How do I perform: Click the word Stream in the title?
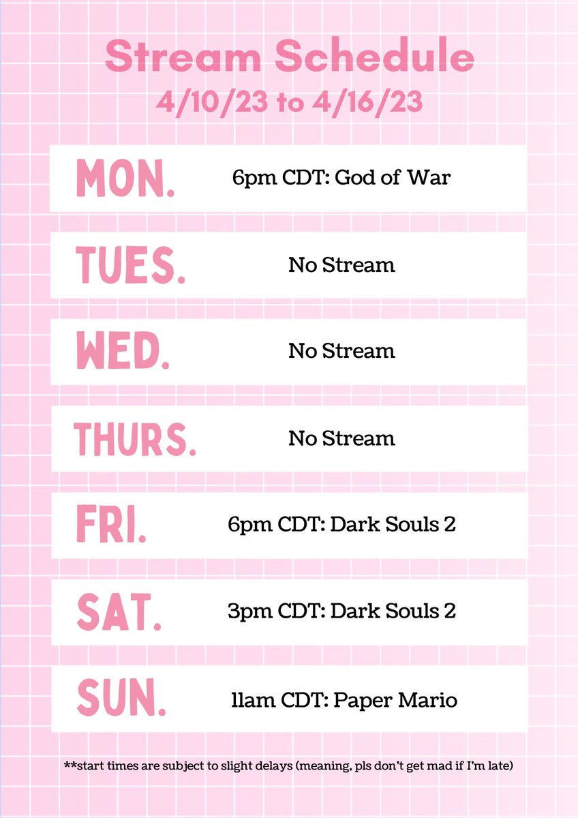coord(177,58)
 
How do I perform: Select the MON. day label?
coord(125,179)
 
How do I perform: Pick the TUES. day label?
coord(130,265)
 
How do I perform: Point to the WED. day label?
coord(123,352)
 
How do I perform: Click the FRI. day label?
coord(111,526)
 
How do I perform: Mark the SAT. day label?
coord(119,612)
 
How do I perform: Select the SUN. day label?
coord(121,699)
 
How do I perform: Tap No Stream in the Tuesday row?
coord(341,264)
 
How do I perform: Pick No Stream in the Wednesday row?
coord(341,351)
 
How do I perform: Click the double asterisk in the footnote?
coord(69,766)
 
